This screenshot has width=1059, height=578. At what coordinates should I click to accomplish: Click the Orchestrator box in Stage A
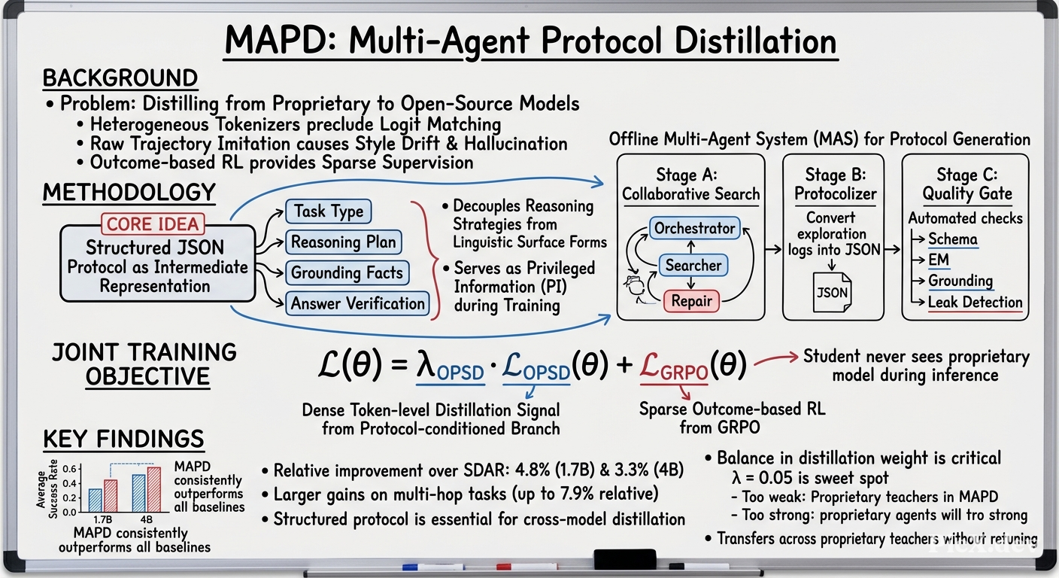[694, 228]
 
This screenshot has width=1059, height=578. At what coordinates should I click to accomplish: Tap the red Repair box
[691, 301]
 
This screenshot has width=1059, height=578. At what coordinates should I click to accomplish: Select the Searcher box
[693, 266]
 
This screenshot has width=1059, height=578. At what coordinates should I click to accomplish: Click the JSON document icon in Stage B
[832, 292]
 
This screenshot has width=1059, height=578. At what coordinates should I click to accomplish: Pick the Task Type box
[329, 211]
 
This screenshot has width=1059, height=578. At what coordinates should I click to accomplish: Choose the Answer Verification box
[357, 303]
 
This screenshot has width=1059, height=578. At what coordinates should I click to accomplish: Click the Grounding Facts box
[347, 272]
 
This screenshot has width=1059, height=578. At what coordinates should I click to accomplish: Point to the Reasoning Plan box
[344, 242]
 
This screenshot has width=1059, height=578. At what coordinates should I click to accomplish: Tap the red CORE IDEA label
[153, 224]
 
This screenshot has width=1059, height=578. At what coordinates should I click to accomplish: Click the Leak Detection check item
[975, 303]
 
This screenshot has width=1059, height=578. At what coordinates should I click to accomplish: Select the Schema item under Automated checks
[953, 239]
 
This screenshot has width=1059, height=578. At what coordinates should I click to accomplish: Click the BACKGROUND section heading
[120, 78]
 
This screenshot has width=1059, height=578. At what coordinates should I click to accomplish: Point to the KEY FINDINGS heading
[123, 439]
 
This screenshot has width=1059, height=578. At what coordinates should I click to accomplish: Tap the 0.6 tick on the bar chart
[69, 469]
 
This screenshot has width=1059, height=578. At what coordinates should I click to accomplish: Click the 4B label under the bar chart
[146, 519]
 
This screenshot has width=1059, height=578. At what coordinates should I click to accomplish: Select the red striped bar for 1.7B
[111, 496]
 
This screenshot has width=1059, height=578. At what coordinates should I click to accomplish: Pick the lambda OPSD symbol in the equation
[450, 367]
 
